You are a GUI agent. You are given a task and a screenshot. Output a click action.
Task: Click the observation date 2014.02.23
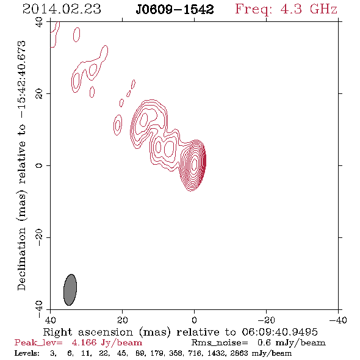click(62, 9)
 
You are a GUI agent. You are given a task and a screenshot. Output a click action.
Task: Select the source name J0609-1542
click(175, 10)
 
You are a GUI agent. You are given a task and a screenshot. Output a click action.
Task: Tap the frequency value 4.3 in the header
click(291, 9)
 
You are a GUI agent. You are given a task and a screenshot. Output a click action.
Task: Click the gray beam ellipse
click(70, 290)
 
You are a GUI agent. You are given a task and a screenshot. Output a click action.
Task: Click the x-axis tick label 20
click(123, 320)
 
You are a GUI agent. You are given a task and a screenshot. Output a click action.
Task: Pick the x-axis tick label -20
click(266, 320)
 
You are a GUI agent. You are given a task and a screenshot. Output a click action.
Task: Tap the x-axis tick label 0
click(195, 320)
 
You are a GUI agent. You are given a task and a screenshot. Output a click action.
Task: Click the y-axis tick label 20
click(39, 94)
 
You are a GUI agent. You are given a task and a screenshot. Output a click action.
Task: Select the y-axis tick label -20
click(39, 237)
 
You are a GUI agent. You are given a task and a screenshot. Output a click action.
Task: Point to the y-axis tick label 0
click(39, 165)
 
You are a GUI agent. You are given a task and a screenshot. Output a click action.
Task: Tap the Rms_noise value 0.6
click(264, 342)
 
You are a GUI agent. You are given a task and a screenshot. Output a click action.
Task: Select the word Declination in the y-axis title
click(21, 259)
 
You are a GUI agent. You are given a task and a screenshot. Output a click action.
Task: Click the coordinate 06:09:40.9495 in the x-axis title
click(279, 332)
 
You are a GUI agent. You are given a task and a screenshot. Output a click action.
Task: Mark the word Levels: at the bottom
click(27, 353)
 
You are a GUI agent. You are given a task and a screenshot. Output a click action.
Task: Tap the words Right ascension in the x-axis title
click(88, 332)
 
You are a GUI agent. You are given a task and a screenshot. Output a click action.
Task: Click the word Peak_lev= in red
click(38, 343)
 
